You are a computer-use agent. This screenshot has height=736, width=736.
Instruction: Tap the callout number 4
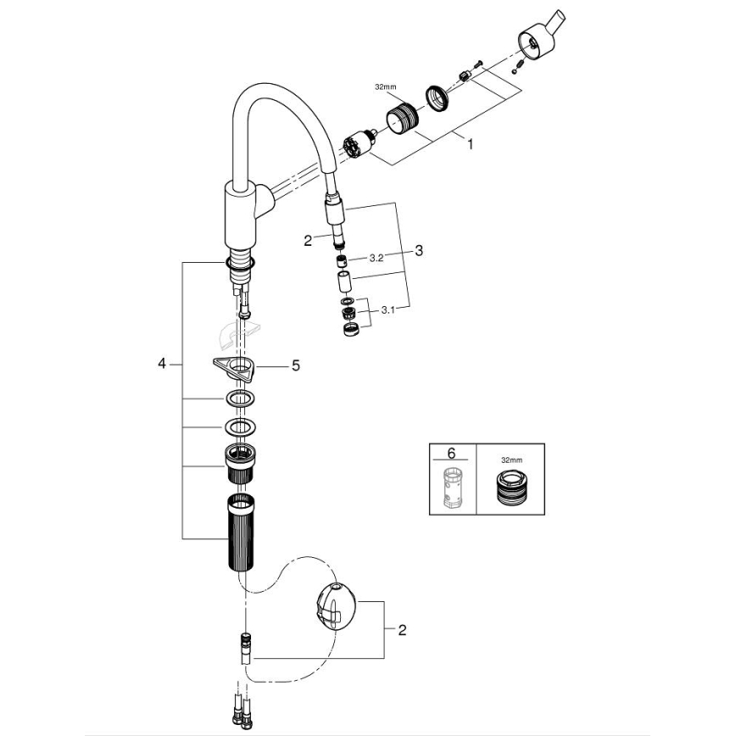pos(161,364)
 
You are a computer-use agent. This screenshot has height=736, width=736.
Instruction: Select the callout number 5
pos(295,365)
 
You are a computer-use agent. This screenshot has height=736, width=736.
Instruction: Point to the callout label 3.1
pos(388,311)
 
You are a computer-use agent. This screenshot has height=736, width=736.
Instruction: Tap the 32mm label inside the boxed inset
pos(511,460)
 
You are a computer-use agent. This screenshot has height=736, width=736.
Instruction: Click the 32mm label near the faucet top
pos(385,87)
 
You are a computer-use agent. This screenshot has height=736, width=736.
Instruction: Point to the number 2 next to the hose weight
pos(402,629)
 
